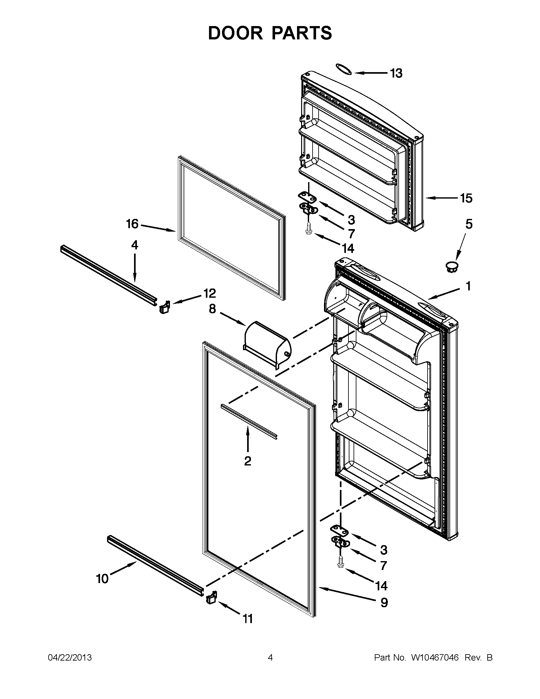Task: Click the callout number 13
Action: (396, 73)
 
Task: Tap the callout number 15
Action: (466, 199)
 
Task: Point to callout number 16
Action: (132, 224)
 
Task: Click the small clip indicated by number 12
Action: (164, 308)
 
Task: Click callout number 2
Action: (247, 461)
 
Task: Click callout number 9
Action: (384, 602)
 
